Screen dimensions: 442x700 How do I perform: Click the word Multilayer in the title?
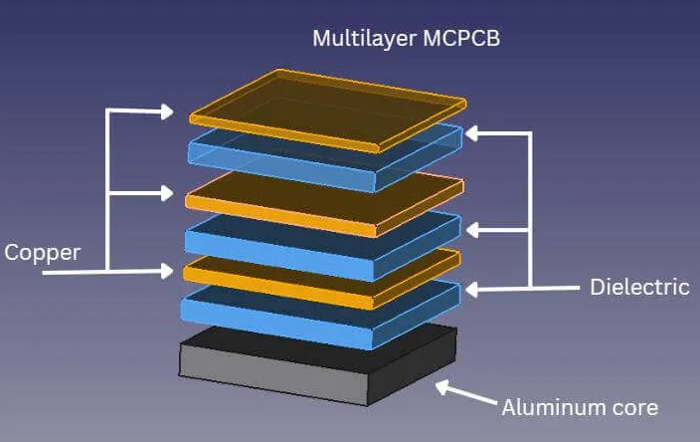tap(357, 39)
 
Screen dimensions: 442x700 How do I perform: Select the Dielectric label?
tap(639, 287)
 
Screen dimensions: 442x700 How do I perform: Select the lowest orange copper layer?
tap(320, 276)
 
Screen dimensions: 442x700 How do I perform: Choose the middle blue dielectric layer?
tap(324, 239)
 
